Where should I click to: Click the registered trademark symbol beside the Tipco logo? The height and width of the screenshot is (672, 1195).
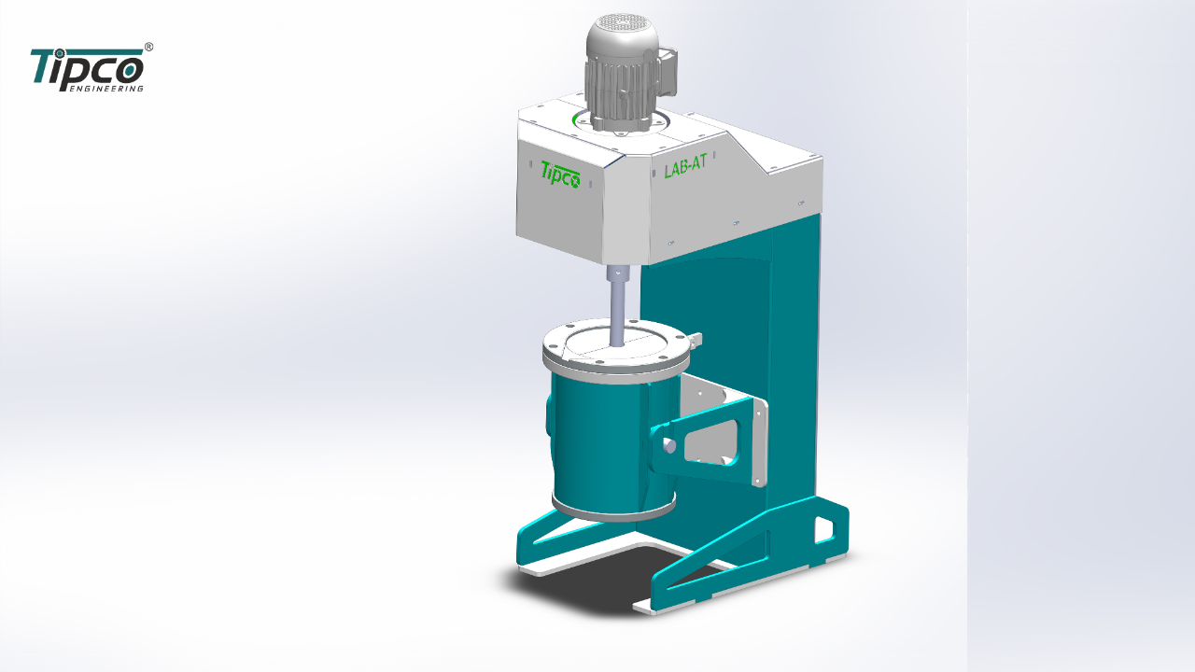(148, 47)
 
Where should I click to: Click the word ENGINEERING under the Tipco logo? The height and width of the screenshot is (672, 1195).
(107, 89)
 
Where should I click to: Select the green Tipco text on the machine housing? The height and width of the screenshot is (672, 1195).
(560, 175)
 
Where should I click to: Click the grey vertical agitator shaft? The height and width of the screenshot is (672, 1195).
(618, 314)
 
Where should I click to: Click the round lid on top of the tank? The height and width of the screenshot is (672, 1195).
(615, 346)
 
